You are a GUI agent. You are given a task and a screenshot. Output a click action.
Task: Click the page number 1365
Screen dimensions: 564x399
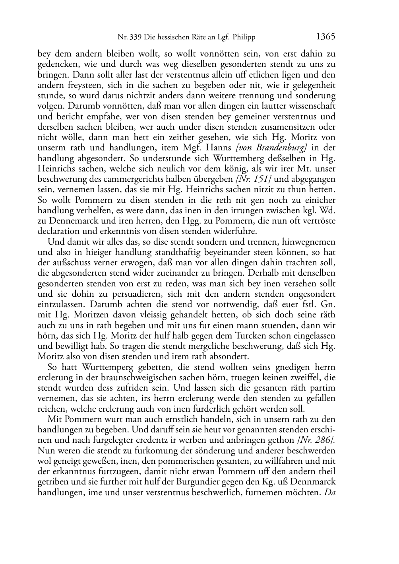click(x=326, y=37)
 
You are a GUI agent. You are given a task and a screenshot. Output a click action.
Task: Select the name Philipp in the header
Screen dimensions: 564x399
click(x=242, y=38)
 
